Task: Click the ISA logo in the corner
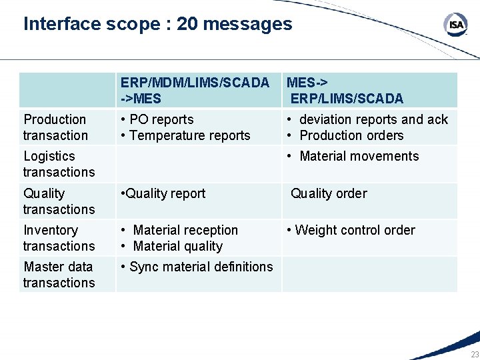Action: [456, 25]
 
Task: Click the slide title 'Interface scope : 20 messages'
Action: [158, 24]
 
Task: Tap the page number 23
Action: [474, 354]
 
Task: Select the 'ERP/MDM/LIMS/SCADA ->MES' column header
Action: [195, 91]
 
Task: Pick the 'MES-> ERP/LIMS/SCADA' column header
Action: [345, 91]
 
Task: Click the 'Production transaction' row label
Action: [55, 127]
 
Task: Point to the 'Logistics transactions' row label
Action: [59, 164]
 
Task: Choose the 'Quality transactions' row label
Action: [59, 201]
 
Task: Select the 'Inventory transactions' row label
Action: [59, 238]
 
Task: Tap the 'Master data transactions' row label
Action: [59, 275]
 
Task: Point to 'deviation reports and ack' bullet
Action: [373, 119]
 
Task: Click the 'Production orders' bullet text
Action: [351, 135]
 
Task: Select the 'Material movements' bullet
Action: [359, 156]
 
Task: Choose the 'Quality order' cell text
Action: [329, 193]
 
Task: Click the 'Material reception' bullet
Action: [185, 230]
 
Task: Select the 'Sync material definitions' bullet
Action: [201, 267]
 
